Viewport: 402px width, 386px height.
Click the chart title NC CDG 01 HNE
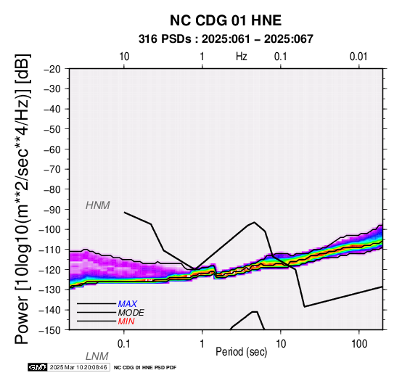[x=226, y=20]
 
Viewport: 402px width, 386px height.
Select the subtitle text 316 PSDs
[x=165, y=39]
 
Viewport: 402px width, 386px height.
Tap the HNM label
[x=98, y=205]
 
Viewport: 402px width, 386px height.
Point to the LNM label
[x=97, y=356]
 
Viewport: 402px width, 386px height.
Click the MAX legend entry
[x=128, y=304]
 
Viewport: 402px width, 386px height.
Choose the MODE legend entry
[x=131, y=313]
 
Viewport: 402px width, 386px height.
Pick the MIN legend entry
[x=126, y=321]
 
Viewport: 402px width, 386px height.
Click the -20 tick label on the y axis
[x=52, y=69]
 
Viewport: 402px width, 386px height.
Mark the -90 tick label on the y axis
[x=52, y=210]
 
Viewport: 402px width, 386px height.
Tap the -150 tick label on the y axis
[x=50, y=330]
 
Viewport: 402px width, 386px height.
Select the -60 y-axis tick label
[x=52, y=149]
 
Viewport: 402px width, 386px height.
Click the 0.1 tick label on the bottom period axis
[x=124, y=344]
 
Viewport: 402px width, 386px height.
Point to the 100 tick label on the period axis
[x=359, y=344]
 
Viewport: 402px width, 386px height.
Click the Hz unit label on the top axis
[x=242, y=57]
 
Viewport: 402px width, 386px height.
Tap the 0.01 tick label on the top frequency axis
[x=358, y=57]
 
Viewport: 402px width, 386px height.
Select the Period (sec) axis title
[x=241, y=352]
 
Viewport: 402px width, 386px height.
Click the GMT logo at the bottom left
[x=38, y=367]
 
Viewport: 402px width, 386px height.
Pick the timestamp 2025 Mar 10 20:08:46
[x=78, y=367]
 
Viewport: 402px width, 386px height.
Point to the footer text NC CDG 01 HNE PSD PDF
[x=145, y=368]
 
